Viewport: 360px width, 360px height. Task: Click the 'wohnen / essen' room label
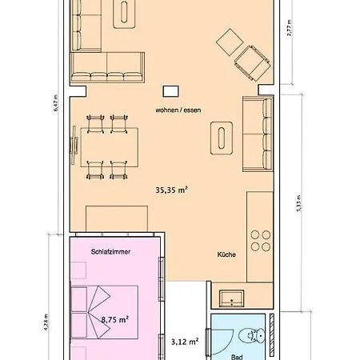click(x=178, y=109)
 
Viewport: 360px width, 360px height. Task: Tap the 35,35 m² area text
click(x=171, y=190)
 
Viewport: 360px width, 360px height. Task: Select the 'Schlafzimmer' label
click(x=111, y=251)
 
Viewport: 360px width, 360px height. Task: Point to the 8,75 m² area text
click(x=115, y=319)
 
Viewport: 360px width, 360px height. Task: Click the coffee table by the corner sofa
click(x=126, y=10)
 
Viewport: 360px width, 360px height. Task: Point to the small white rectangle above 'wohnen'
click(x=170, y=91)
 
